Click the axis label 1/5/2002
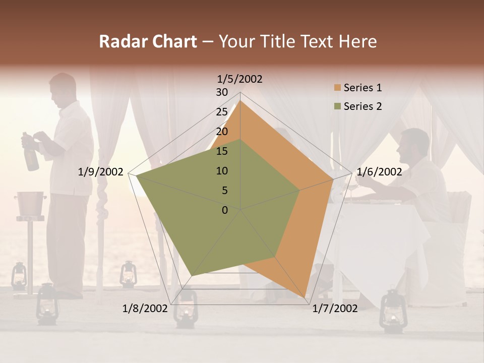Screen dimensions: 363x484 [240, 79]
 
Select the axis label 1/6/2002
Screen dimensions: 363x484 [379, 172]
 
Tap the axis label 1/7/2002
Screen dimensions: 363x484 [335, 309]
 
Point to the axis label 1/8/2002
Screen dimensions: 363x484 [145, 309]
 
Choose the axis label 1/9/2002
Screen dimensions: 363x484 [101, 172]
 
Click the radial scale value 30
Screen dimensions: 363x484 [222, 92]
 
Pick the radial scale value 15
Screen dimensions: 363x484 [222, 151]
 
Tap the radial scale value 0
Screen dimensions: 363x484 [225, 210]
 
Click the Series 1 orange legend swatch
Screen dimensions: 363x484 [337, 88]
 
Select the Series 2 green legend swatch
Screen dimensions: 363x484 [337, 106]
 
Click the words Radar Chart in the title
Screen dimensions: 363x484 [148, 42]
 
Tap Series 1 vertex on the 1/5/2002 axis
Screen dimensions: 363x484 [240, 101]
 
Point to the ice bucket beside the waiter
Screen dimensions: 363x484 [31, 202]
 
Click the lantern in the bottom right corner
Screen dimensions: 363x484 [392, 310]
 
